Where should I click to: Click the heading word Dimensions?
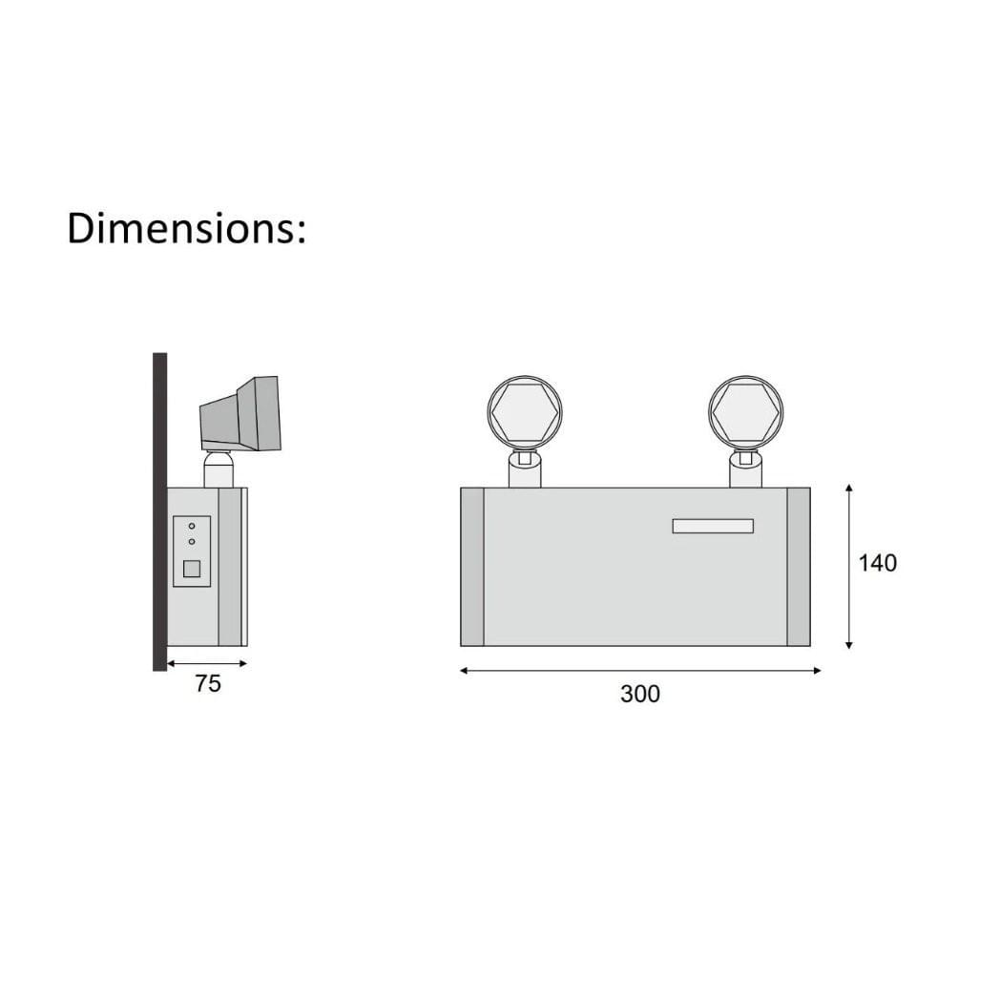click(x=186, y=229)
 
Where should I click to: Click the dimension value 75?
click(x=207, y=684)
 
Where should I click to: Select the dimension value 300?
click(x=639, y=695)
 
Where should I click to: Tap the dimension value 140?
click(x=877, y=563)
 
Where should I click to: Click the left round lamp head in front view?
click(x=525, y=412)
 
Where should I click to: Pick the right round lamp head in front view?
click(x=745, y=412)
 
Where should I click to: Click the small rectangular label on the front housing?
click(x=713, y=526)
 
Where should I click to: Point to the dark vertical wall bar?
click(x=159, y=511)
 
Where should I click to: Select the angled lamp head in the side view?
click(x=240, y=414)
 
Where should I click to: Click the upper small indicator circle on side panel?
click(x=192, y=526)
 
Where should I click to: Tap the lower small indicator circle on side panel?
click(x=192, y=542)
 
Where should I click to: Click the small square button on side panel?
click(x=192, y=569)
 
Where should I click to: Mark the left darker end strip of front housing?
click(x=472, y=567)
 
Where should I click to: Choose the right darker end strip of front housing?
click(x=798, y=567)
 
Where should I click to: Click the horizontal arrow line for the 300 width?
click(x=639, y=671)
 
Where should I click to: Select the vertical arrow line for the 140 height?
click(x=848, y=567)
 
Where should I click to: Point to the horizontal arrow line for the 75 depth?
click(x=207, y=663)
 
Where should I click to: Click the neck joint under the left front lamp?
click(x=525, y=468)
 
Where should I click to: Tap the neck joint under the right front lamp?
click(x=745, y=468)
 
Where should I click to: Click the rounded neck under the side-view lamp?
click(x=219, y=469)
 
